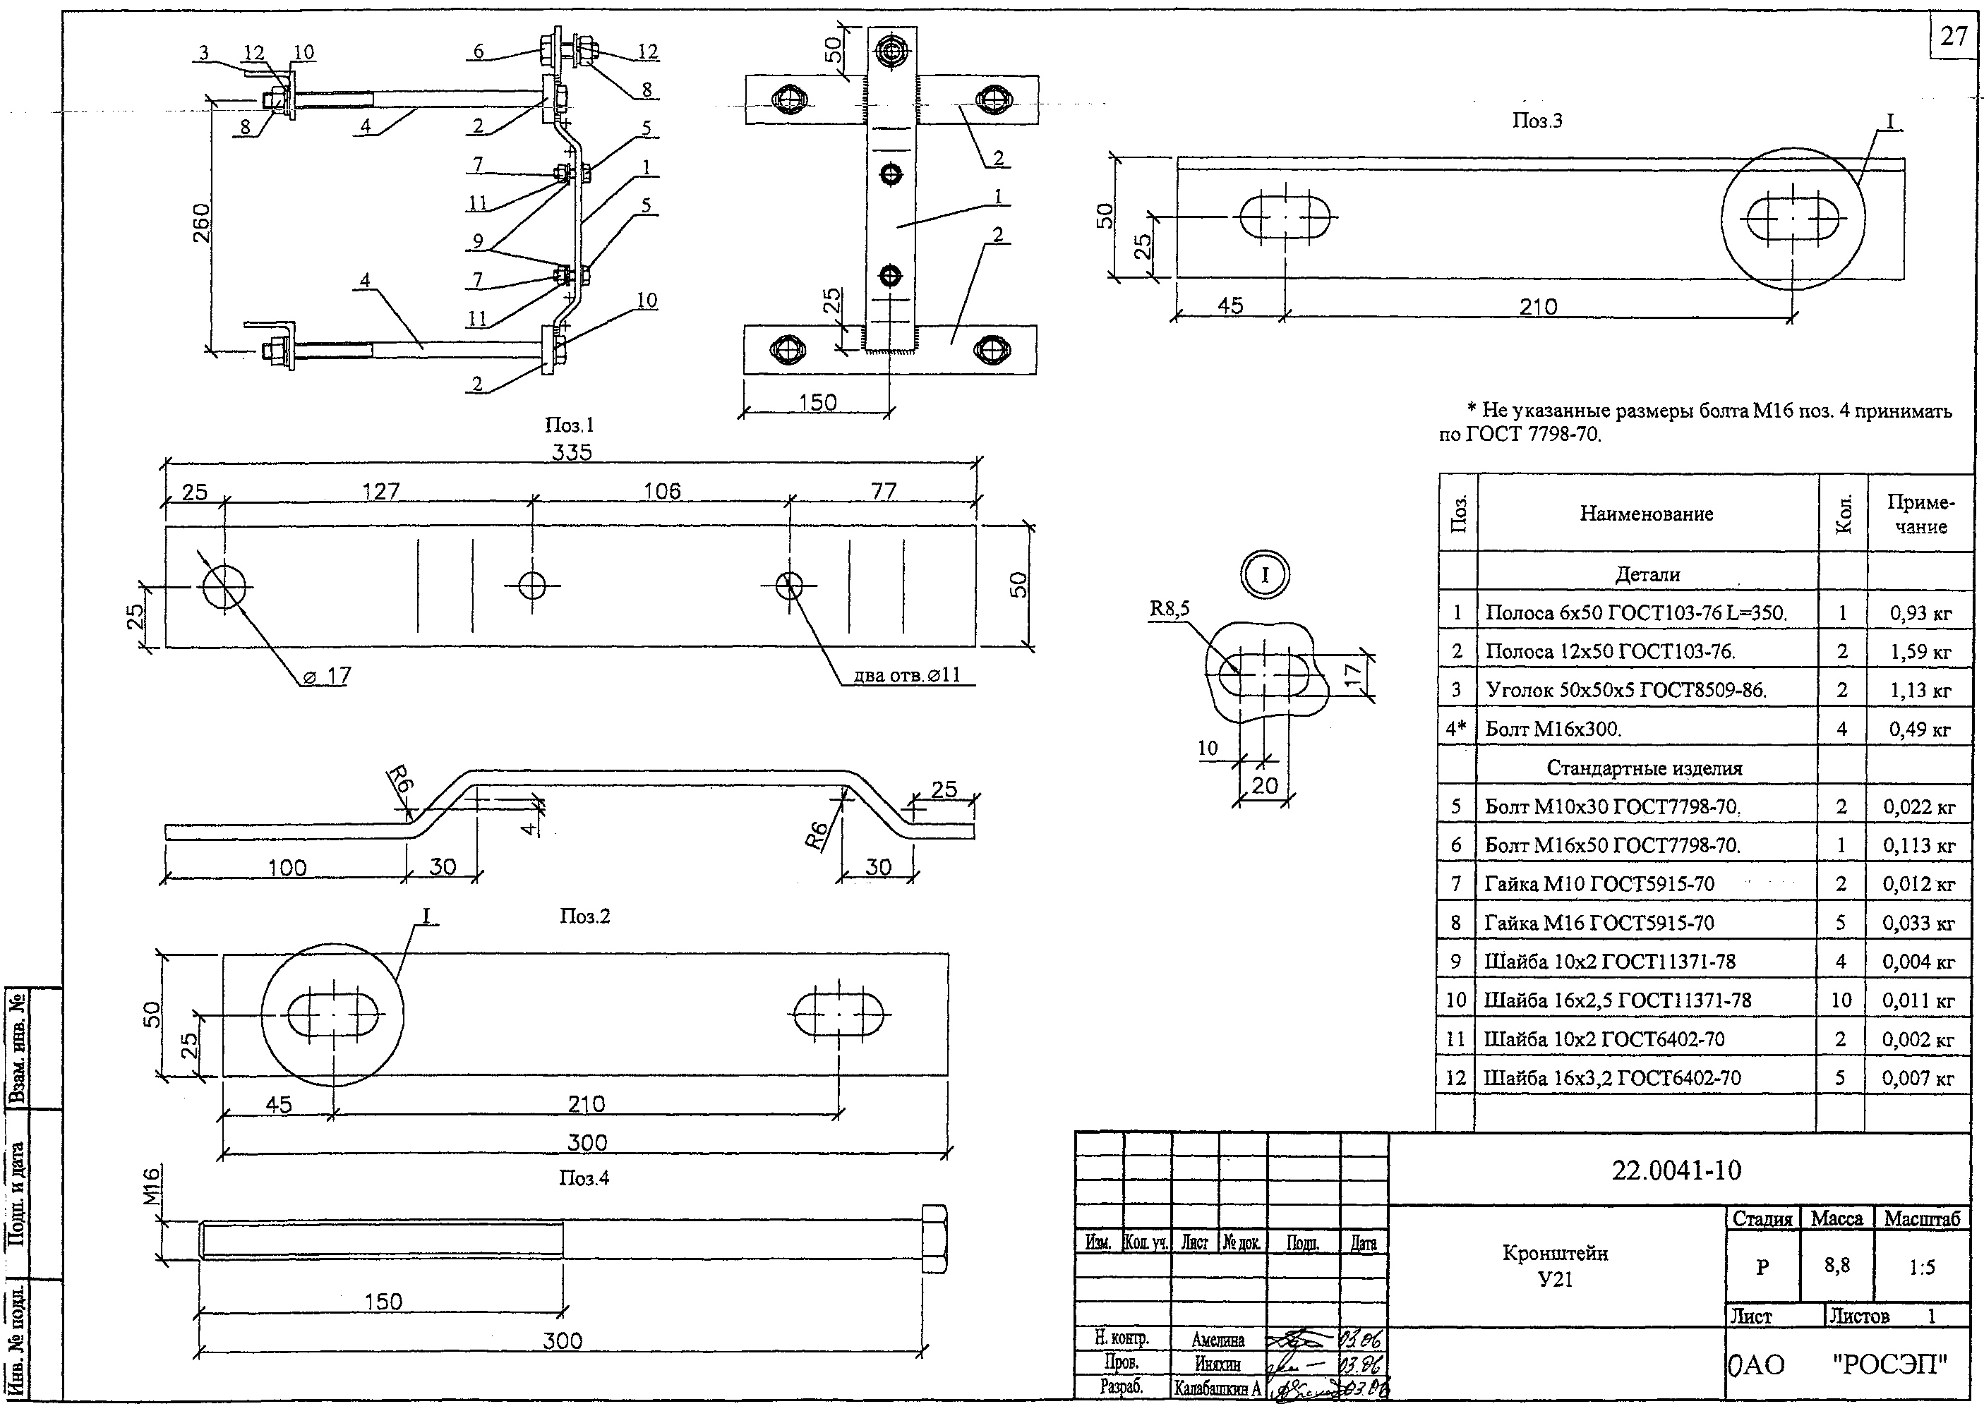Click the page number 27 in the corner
[x=1954, y=37]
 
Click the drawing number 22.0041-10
[x=1676, y=1170]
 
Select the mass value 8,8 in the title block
[x=1836, y=1266]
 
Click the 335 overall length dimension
[x=571, y=452]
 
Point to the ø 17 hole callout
[x=327, y=676]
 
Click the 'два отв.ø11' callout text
[x=907, y=674]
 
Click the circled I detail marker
[x=1265, y=574]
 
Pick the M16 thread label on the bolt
[x=151, y=1186]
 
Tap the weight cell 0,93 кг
[x=1920, y=613]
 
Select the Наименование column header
[x=1646, y=514]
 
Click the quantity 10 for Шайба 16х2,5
[x=1841, y=1000]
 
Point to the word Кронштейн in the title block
[x=1555, y=1253]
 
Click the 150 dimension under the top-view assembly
[x=818, y=402]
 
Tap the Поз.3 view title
[x=1537, y=121]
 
